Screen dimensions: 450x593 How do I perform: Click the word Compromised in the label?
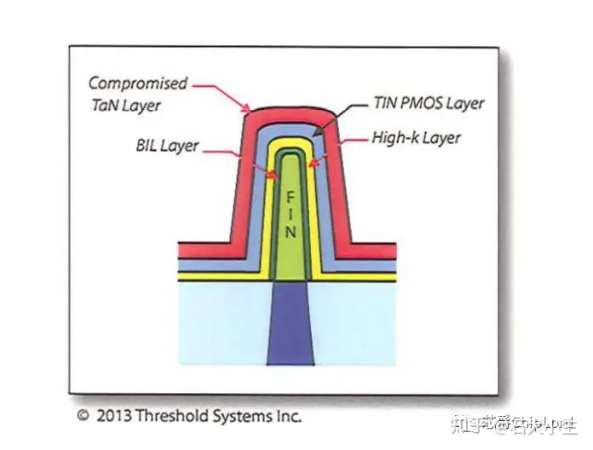click(137, 84)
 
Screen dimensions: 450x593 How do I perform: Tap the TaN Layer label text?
click(127, 106)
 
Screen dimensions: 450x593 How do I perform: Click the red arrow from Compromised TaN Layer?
click(222, 95)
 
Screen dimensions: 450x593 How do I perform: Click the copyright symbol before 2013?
click(83, 417)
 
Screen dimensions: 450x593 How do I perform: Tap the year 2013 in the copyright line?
click(113, 417)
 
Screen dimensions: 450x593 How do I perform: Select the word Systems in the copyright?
click(243, 417)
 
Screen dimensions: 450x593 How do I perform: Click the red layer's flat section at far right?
click(375, 251)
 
